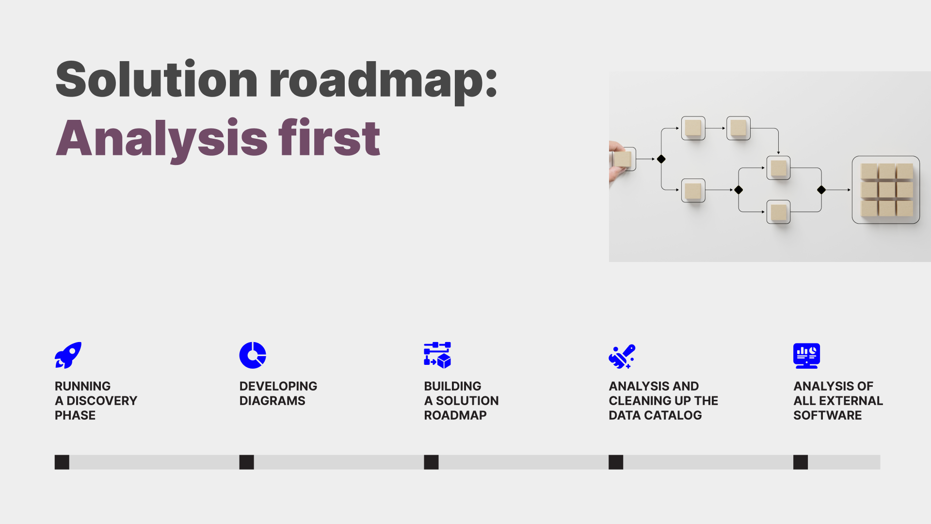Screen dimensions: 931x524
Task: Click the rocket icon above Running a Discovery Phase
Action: pyautogui.click(x=68, y=355)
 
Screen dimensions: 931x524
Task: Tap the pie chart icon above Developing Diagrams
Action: pyautogui.click(x=253, y=355)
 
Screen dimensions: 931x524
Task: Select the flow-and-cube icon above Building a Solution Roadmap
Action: pyautogui.click(x=437, y=355)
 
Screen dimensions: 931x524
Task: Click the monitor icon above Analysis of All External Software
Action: pyautogui.click(x=807, y=355)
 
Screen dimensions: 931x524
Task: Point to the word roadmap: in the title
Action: pyautogui.click(x=384, y=82)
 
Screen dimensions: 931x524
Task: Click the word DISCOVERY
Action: pyautogui.click(x=102, y=401)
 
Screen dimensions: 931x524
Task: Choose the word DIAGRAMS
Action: pyautogui.click(x=273, y=401)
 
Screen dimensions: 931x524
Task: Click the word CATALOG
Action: pyautogui.click(x=673, y=415)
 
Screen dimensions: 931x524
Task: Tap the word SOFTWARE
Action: pyautogui.click(x=828, y=415)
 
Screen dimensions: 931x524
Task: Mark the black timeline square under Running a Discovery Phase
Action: pyautogui.click(x=62, y=462)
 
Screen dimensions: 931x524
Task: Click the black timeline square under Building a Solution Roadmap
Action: pyautogui.click(x=431, y=462)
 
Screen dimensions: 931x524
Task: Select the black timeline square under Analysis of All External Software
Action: pyautogui.click(x=801, y=462)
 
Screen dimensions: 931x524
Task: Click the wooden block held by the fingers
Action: pyautogui.click(x=622, y=159)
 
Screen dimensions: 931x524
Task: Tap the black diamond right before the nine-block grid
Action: pyautogui.click(x=821, y=190)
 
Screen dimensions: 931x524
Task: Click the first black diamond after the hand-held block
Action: pyautogui.click(x=661, y=159)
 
